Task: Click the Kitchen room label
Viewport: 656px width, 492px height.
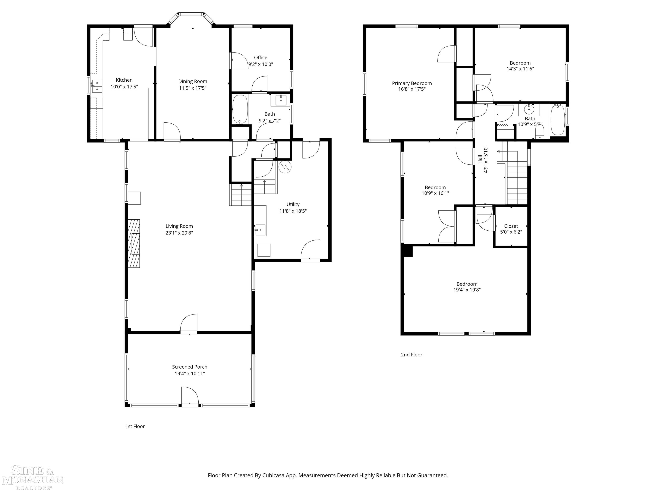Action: pos(124,80)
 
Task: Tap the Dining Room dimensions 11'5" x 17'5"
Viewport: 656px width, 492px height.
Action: pos(193,88)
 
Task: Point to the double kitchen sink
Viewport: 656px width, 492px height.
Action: pos(97,86)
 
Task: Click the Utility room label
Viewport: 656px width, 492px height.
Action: pos(293,204)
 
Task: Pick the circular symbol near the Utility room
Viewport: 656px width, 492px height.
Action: pos(285,167)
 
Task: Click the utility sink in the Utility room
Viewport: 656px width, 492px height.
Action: pos(260,230)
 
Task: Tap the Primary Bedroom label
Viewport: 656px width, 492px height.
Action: pos(412,83)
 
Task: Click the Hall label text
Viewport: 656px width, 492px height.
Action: pos(480,159)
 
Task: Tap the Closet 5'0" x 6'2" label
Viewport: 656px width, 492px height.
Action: pos(511,229)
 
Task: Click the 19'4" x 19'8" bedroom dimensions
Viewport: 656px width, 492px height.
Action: pos(467,290)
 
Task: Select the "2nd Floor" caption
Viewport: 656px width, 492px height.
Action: pos(412,355)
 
